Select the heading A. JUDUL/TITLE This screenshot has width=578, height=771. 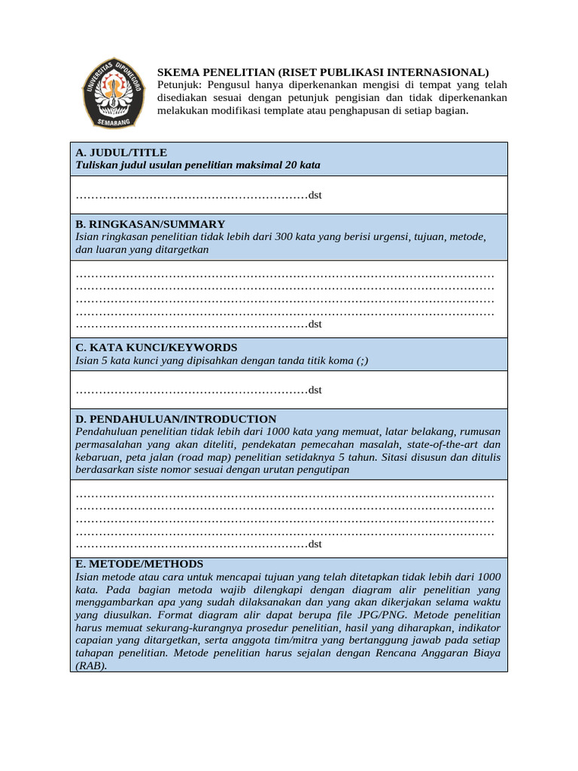click(x=121, y=152)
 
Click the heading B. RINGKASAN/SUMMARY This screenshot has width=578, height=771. click(x=150, y=224)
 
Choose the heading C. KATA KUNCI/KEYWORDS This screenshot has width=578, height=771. click(x=157, y=347)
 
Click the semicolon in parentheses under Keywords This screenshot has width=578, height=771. click(x=363, y=360)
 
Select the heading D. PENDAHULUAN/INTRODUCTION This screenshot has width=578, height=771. click(x=176, y=419)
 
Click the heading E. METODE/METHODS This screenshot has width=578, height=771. click(x=139, y=563)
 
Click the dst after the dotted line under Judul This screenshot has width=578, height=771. click(x=315, y=196)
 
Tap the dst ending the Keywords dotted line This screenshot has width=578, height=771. click(x=315, y=390)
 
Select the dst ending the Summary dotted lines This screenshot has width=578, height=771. click(x=315, y=324)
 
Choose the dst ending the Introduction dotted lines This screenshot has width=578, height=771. click(x=315, y=544)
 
